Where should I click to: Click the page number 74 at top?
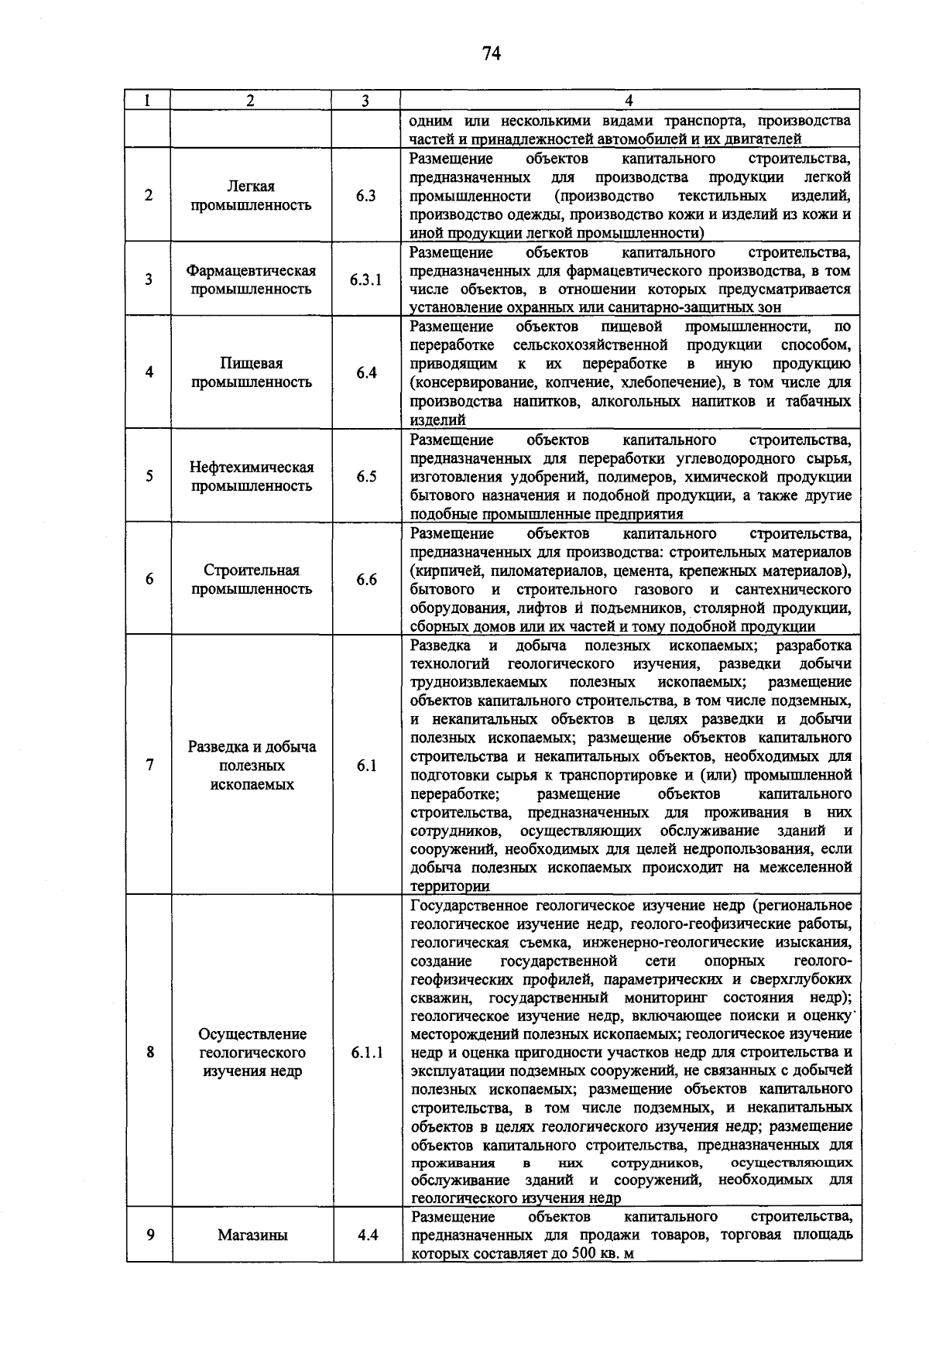pyautogui.click(x=492, y=53)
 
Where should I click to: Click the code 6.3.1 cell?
pyautogui.click(x=365, y=280)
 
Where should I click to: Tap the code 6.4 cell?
pyautogui.click(x=366, y=373)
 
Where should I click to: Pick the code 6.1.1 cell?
pyautogui.click(x=366, y=1053)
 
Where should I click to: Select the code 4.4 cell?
pyautogui.click(x=368, y=1235)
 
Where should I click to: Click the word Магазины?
pyautogui.click(x=252, y=1235)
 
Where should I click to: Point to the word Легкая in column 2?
pyautogui.click(x=251, y=187)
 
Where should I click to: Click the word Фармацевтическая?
pyautogui.click(x=251, y=271)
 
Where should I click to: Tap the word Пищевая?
pyautogui.click(x=251, y=364)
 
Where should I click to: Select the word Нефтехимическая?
pyautogui.click(x=252, y=468)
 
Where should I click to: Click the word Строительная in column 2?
pyautogui.click(x=252, y=570)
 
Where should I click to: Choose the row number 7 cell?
pyautogui.click(x=149, y=765)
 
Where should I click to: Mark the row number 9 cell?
pyautogui.click(x=149, y=1235)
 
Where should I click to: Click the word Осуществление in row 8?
pyautogui.click(x=252, y=1034)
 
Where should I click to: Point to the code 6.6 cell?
pyautogui.click(x=366, y=580)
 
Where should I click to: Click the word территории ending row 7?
pyautogui.click(x=450, y=886)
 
